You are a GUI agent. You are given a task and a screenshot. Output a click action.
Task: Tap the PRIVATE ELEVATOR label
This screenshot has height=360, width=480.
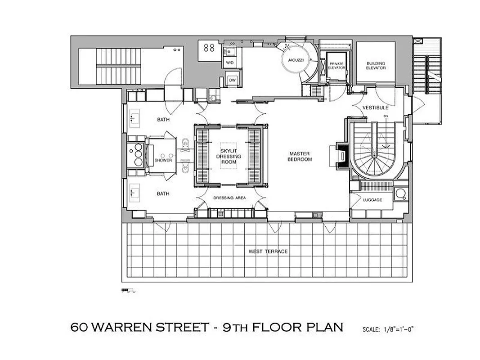[x=336, y=66]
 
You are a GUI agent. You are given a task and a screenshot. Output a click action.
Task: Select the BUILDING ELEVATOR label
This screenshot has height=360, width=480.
[x=376, y=65]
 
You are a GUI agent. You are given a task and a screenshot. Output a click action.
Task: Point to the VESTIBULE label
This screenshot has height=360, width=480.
[x=376, y=108]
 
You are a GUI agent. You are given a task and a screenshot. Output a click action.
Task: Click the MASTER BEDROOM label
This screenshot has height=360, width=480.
[x=301, y=157]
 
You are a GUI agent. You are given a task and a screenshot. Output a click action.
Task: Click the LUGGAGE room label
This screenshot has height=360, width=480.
[x=372, y=200]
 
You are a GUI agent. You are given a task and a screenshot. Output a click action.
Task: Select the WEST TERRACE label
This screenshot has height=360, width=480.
[x=268, y=251]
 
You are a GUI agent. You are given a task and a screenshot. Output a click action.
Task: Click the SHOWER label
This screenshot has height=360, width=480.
[x=163, y=160]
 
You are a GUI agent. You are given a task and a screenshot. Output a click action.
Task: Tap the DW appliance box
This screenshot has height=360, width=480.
[x=232, y=80]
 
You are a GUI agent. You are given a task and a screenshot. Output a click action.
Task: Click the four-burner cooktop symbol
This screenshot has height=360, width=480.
[x=208, y=48]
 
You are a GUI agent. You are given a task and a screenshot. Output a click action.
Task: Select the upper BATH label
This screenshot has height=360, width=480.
[x=163, y=120]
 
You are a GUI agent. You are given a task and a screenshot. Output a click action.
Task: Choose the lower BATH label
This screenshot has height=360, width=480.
[x=163, y=193]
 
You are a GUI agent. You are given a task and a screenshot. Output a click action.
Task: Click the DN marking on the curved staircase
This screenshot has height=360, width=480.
[x=385, y=117]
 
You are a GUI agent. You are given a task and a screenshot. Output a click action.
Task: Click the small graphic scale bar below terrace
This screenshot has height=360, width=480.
[x=128, y=291]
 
